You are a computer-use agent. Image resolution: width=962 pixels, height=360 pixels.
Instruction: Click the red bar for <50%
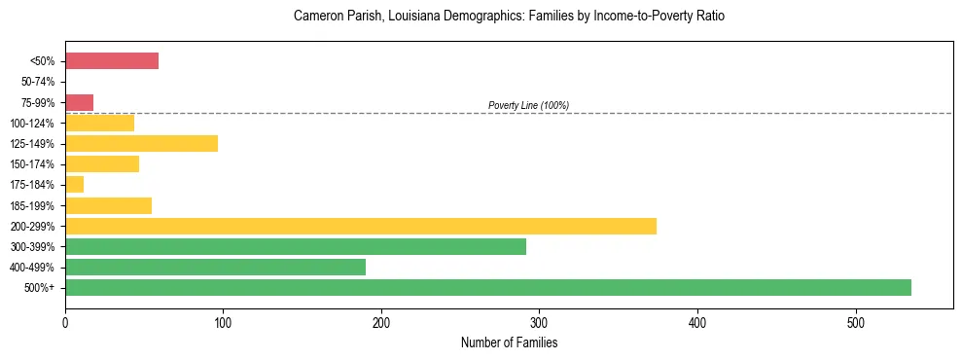[x=112, y=61]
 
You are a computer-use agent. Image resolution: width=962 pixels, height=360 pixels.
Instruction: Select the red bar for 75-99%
[x=79, y=102]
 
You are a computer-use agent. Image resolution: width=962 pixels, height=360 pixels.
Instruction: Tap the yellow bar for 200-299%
[x=360, y=226]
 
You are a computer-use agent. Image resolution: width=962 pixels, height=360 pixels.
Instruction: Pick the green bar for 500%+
[x=487, y=287]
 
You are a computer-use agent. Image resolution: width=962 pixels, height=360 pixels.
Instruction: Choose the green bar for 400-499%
[x=215, y=267]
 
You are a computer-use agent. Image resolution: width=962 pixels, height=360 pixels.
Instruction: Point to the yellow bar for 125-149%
[x=141, y=143]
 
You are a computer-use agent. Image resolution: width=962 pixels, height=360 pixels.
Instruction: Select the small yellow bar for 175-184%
[x=74, y=184]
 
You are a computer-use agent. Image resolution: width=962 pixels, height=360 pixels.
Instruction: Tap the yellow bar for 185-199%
[x=108, y=205]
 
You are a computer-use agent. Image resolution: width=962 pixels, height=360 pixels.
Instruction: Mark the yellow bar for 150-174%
[x=102, y=163]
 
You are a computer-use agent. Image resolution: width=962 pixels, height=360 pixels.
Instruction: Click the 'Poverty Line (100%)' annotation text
[x=528, y=105]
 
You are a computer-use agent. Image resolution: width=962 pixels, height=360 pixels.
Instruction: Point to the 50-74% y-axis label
[x=39, y=82]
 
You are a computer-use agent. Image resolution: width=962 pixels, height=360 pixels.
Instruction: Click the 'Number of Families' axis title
[x=509, y=342]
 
